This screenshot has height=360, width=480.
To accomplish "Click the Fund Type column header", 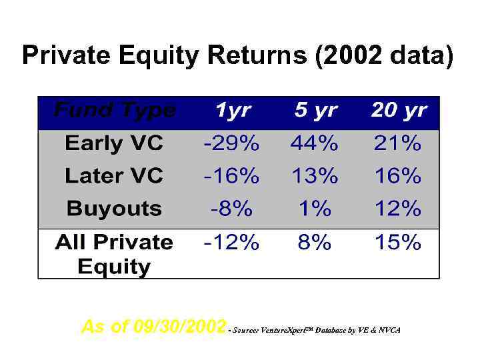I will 114,110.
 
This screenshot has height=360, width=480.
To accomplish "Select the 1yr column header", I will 233,110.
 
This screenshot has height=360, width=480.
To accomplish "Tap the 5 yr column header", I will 315,110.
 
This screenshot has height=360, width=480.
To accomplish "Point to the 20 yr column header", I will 398,110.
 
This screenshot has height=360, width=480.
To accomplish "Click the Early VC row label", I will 114,143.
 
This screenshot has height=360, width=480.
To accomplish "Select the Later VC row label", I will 114,176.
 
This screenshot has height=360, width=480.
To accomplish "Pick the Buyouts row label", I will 114,209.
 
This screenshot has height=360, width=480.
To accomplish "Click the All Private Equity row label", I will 114,254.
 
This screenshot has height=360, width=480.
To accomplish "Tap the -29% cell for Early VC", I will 231,143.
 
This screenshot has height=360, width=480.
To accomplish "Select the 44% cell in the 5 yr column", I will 315,143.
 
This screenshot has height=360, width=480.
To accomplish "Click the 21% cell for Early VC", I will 397,143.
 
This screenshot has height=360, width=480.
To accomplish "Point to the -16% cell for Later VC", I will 231,176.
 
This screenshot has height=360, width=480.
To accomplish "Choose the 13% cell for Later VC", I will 315,176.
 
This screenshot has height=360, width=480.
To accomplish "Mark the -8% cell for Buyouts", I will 231,209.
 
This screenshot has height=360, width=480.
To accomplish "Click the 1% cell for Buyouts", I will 315,209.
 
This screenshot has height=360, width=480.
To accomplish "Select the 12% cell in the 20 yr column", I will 397,209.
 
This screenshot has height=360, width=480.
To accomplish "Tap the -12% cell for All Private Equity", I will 231,242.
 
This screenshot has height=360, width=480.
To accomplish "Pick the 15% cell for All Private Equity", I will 397,242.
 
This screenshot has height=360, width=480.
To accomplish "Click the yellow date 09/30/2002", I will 179,327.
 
